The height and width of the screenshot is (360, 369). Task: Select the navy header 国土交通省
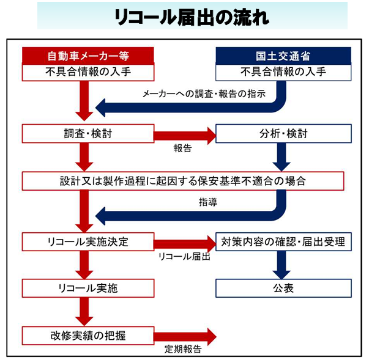pyautogui.click(x=283, y=55)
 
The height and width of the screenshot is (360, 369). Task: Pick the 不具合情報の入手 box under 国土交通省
pyautogui.click(x=283, y=72)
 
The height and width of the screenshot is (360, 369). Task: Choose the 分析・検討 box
pyautogui.click(x=283, y=134)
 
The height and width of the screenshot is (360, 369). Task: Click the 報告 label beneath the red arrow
pyautogui.click(x=183, y=148)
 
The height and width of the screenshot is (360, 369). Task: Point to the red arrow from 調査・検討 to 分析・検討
pyautogui.click(x=184, y=134)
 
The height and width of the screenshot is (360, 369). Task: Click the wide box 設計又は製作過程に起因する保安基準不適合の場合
pyautogui.click(x=182, y=181)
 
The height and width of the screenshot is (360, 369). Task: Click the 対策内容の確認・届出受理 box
pyautogui.click(x=283, y=241)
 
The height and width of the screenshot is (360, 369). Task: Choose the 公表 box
pyautogui.click(x=283, y=288)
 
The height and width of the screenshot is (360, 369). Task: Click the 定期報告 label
pyautogui.click(x=183, y=350)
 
